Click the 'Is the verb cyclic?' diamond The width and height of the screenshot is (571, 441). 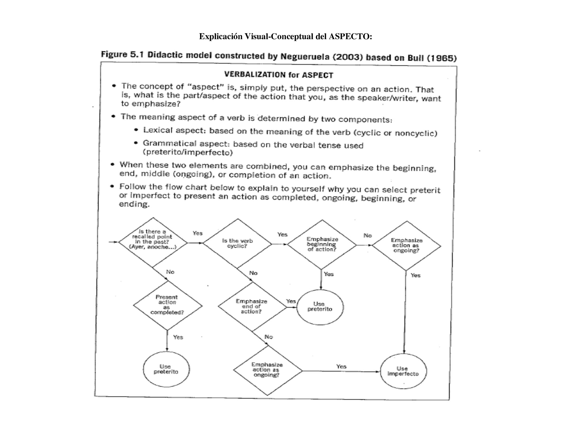(237, 244)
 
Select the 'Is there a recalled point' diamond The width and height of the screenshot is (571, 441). (153, 242)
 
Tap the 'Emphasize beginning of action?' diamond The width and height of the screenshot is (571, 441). (322, 245)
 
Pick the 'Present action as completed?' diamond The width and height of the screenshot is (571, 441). (167, 305)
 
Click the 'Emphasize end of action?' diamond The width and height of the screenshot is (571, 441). (252, 306)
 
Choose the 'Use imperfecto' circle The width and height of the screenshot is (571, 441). (403, 371)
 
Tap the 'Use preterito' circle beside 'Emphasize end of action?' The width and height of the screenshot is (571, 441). (320, 307)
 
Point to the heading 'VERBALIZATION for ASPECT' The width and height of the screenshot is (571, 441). (279, 75)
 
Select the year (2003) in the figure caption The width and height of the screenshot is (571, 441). (347, 57)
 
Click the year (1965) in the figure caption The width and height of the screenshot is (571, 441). (442, 58)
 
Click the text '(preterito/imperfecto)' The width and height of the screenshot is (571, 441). (187, 152)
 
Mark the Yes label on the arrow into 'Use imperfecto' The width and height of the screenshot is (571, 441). (341, 366)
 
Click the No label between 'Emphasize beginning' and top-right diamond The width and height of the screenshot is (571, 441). (367, 235)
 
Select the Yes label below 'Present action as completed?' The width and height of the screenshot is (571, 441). (178, 337)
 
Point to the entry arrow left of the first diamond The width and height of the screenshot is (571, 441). (113, 242)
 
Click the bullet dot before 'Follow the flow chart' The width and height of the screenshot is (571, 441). (112, 186)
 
